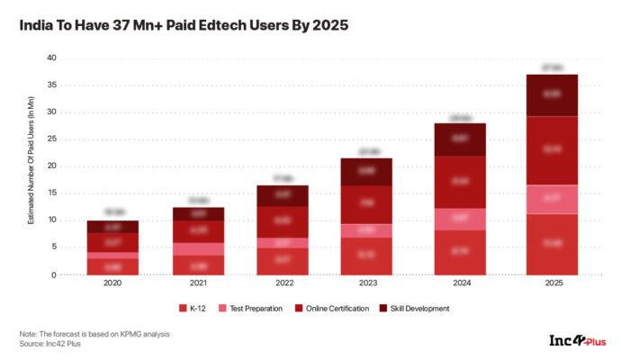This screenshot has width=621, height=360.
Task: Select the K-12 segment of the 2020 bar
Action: [x=112, y=266]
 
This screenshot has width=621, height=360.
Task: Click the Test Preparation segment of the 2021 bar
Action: [x=200, y=249]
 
